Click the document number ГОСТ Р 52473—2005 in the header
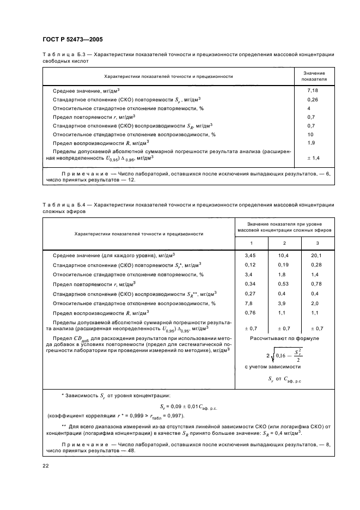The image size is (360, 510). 72,40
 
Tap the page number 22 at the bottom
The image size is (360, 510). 45,465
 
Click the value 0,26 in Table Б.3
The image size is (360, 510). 312,100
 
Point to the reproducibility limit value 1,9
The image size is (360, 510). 312,143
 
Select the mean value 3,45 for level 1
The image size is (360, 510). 251,255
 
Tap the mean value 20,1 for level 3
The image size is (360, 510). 316,255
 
